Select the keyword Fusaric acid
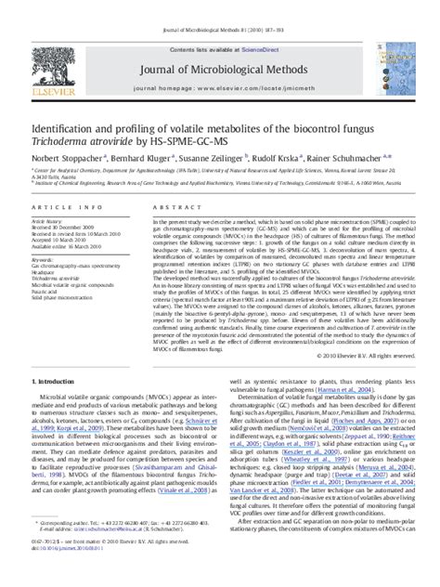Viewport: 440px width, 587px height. (x=48, y=293)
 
